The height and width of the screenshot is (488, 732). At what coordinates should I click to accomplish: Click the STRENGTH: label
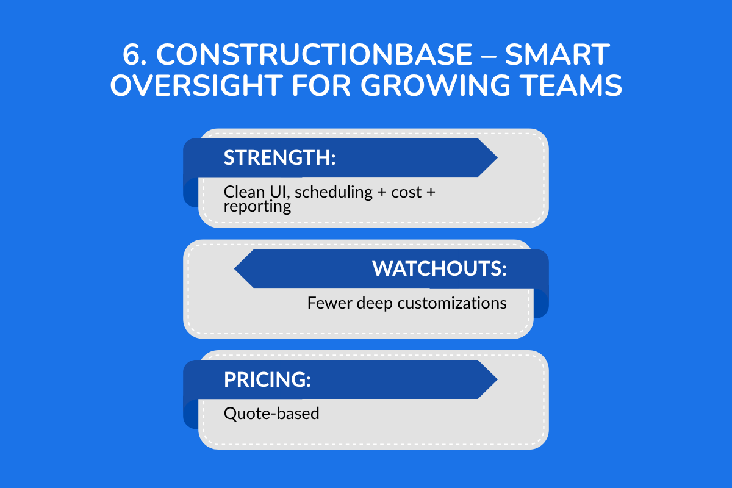[x=280, y=157]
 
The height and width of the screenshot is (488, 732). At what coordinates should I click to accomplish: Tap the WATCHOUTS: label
[x=439, y=269]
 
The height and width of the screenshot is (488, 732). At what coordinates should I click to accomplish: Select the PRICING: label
[x=267, y=379]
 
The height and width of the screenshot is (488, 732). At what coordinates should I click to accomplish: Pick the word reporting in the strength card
[x=257, y=207]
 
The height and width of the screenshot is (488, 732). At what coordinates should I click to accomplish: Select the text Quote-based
[x=271, y=413]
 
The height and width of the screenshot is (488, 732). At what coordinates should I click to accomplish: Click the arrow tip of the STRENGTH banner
[x=495, y=157]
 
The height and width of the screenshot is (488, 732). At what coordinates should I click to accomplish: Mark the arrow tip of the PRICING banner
[x=495, y=379]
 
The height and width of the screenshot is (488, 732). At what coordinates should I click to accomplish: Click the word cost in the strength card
[x=407, y=192]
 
